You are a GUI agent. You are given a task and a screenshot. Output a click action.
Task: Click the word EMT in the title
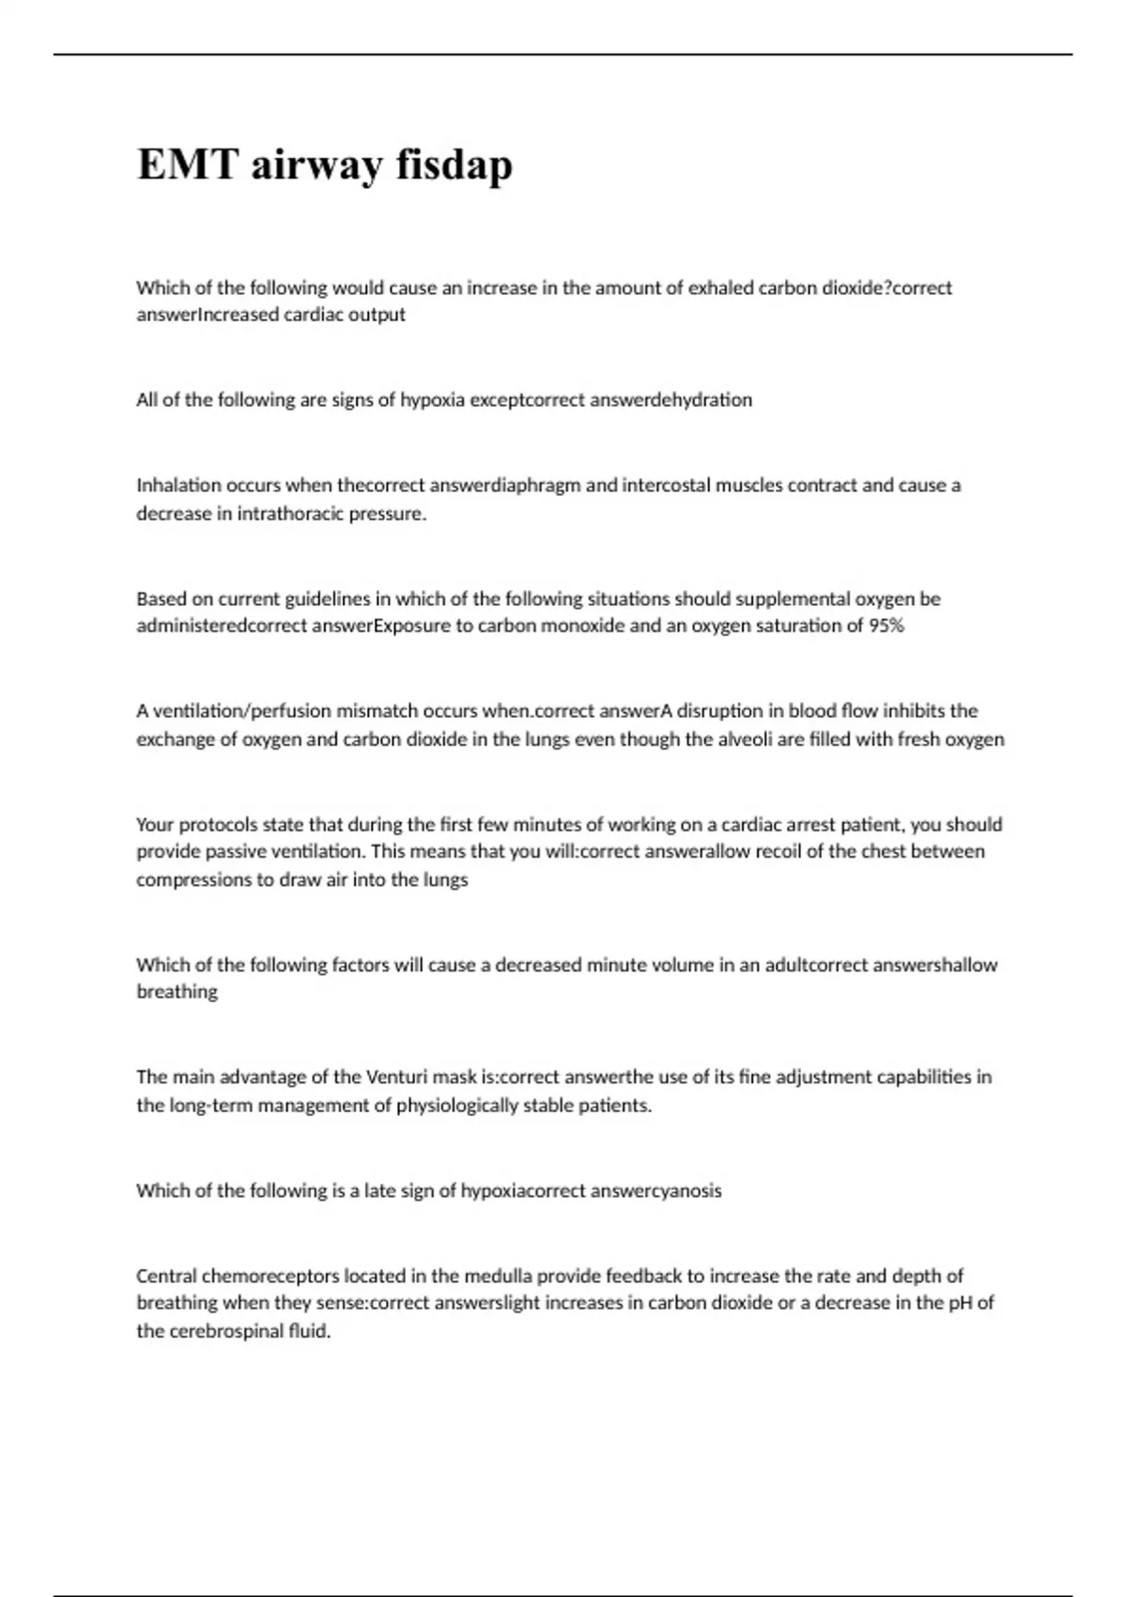pyautogui.click(x=188, y=164)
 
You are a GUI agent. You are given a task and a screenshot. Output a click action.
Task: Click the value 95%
pyautogui.click(x=886, y=626)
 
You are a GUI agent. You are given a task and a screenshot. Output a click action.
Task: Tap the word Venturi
pyautogui.click(x=395, y=1077)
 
